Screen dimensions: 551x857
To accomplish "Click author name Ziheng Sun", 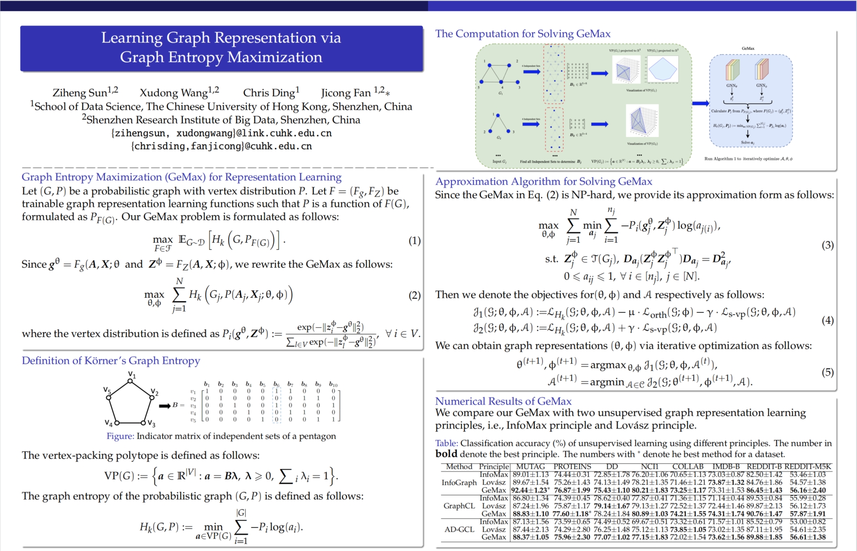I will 80,92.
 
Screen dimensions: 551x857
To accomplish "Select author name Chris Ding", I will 269,92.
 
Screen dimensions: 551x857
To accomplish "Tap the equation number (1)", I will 414,240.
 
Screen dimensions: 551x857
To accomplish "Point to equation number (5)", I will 827,372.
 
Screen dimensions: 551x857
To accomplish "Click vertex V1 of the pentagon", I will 130,381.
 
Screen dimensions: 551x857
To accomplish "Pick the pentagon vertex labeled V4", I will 116,423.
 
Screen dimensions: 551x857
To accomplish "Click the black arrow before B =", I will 165,406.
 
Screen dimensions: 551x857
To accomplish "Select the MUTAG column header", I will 530,466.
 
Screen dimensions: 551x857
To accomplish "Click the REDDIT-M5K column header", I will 808,466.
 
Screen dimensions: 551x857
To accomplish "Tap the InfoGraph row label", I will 459,483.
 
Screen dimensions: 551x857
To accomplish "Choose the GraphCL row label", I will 459,506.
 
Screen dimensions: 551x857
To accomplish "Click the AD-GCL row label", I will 459,529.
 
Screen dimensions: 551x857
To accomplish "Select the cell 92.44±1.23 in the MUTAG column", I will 530,490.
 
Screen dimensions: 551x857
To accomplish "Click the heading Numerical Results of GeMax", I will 503,401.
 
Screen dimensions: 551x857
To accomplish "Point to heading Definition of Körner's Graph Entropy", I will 111,360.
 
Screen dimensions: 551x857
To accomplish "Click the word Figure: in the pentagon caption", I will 120,436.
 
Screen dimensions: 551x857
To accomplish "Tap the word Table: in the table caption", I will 446,443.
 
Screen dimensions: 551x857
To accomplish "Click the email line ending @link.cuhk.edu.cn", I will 221,133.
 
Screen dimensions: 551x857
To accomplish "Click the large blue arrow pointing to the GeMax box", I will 700,103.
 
